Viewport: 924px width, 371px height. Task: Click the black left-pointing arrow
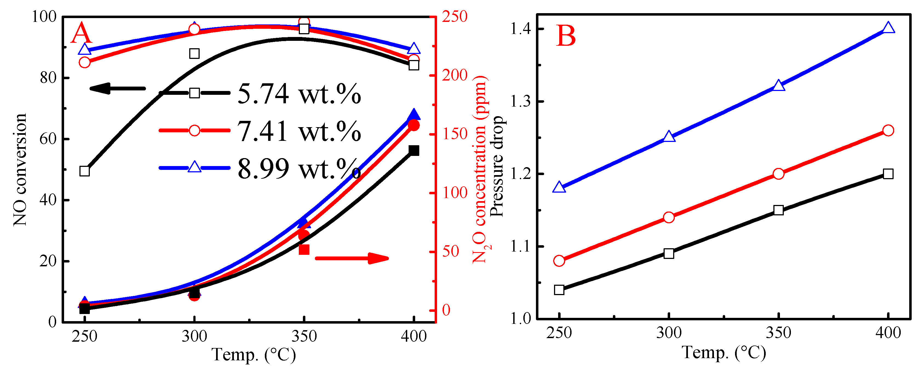(117, 88)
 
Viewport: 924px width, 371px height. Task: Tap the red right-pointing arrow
(352, 258)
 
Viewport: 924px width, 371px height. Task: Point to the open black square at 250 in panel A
(85, 171)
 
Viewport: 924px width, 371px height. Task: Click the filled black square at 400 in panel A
(414, 150)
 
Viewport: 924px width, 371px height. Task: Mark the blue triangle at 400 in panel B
(888, 28)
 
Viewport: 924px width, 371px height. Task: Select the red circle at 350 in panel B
(778, 174)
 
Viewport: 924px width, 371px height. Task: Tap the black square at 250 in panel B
(559, 290)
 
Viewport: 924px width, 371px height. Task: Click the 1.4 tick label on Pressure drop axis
(520, 29)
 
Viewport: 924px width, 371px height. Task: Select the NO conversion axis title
(20, 170)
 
